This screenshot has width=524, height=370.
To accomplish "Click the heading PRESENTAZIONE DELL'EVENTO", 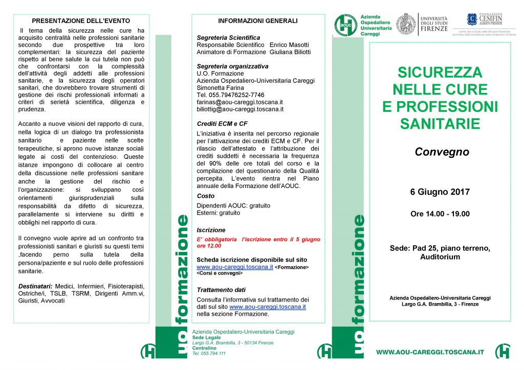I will [81, 21].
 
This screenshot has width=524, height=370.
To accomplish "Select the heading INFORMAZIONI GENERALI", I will [257, 21].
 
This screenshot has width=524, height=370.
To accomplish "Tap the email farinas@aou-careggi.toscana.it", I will [239, 102].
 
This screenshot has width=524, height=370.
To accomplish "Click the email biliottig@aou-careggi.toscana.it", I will [240, 109].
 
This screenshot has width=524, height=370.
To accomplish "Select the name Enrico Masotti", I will [290, 45].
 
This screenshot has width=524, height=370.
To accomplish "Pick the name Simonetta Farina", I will [221, 88].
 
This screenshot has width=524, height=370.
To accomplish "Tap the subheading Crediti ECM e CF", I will [222, 124].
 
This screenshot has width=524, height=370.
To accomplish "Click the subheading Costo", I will [205, 196].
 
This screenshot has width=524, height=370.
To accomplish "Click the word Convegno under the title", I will [442, 152].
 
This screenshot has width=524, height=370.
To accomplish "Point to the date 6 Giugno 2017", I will [440, 193].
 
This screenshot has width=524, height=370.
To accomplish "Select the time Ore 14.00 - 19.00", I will [440, 214].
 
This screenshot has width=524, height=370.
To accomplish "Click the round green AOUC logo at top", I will [346, 25].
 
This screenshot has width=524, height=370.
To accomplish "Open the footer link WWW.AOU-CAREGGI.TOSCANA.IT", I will [430, 352].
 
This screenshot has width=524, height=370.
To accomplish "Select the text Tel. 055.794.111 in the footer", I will [209, 353].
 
